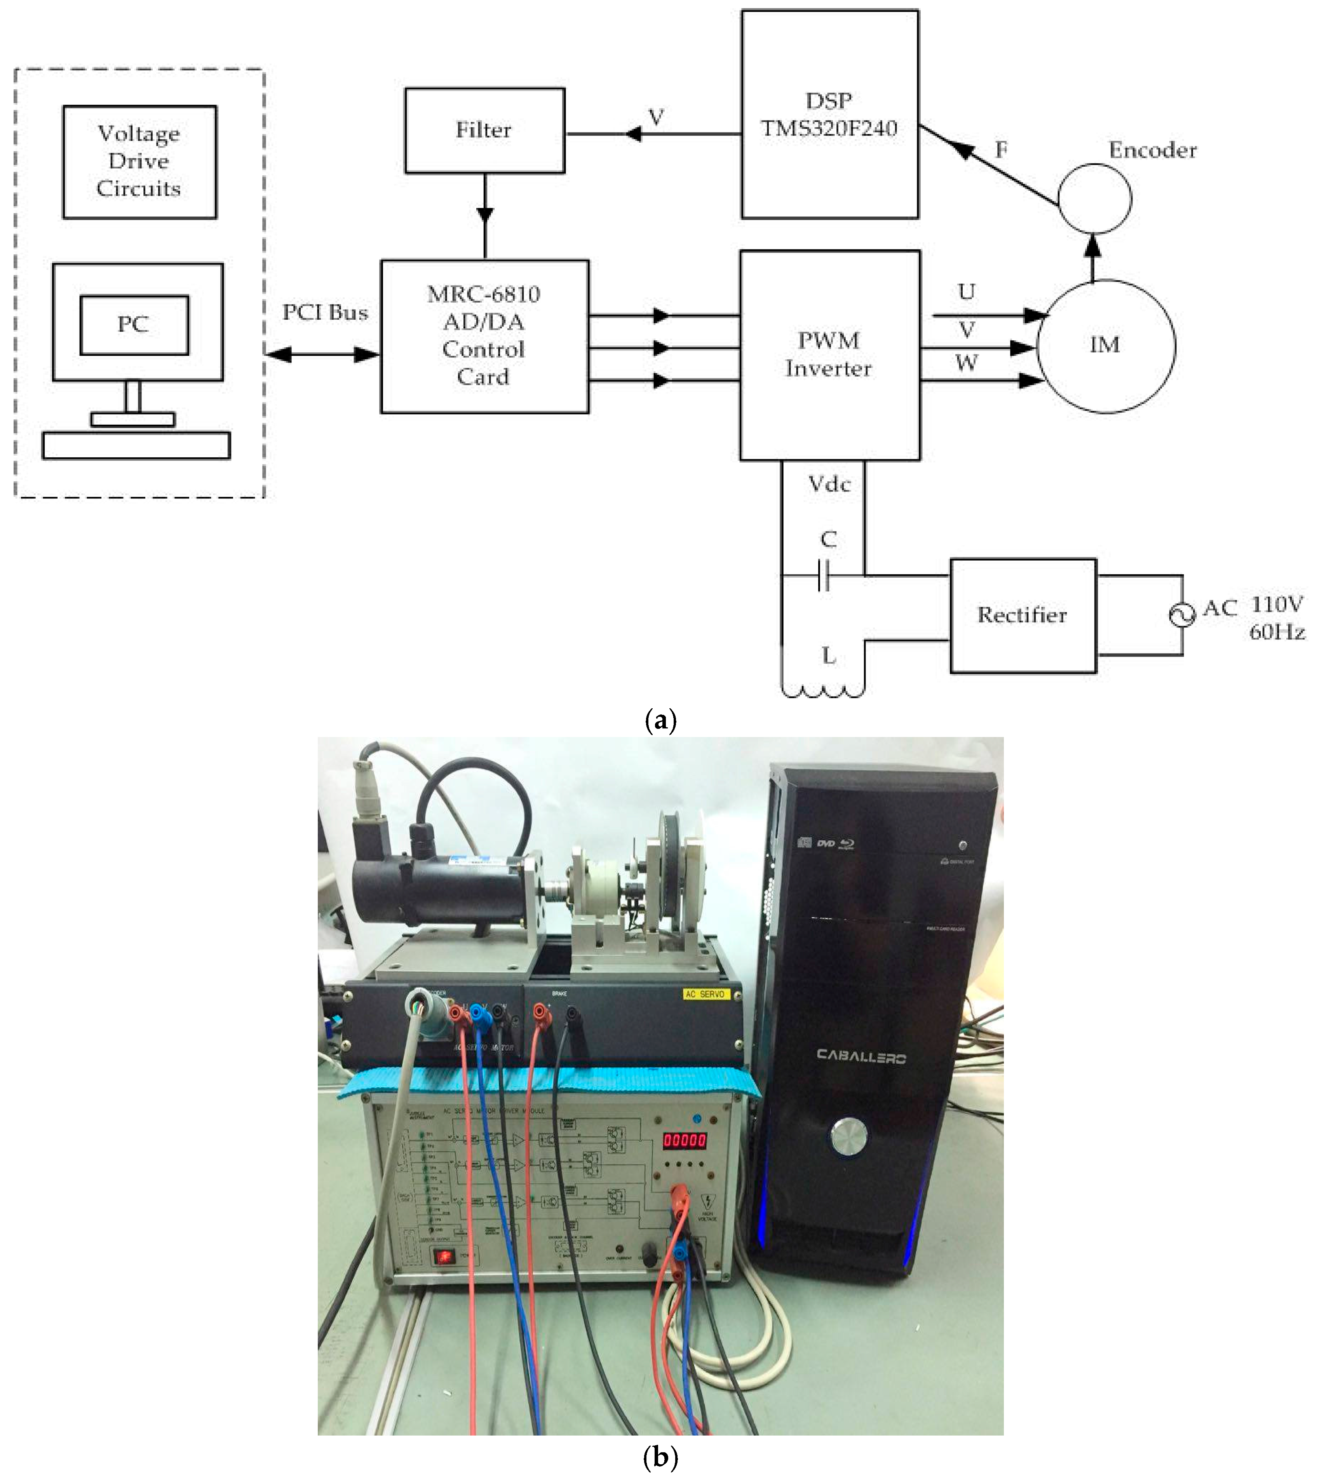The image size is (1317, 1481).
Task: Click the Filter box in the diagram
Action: pyautogui.click(x=484, y=131)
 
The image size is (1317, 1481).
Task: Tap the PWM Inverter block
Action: pyautogui.click(x=829, y=355)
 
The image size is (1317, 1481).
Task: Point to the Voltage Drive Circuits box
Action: pyautogui.click(x=139, y=162)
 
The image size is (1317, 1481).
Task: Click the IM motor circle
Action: pyautogui.click(x=1106, y=346)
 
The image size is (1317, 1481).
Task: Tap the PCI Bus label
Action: pyautogui.click(x=325, y=312)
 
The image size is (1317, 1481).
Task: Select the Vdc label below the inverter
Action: pyautogui.click(x=829, y=484)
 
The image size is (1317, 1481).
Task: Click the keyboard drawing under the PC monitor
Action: pyautogui.click(x=136, y=446)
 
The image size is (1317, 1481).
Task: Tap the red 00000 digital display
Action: pyautogui.click(x=685, y=1140)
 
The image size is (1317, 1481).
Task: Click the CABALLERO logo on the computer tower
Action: pyautogui.click(x=861, y=1056)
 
